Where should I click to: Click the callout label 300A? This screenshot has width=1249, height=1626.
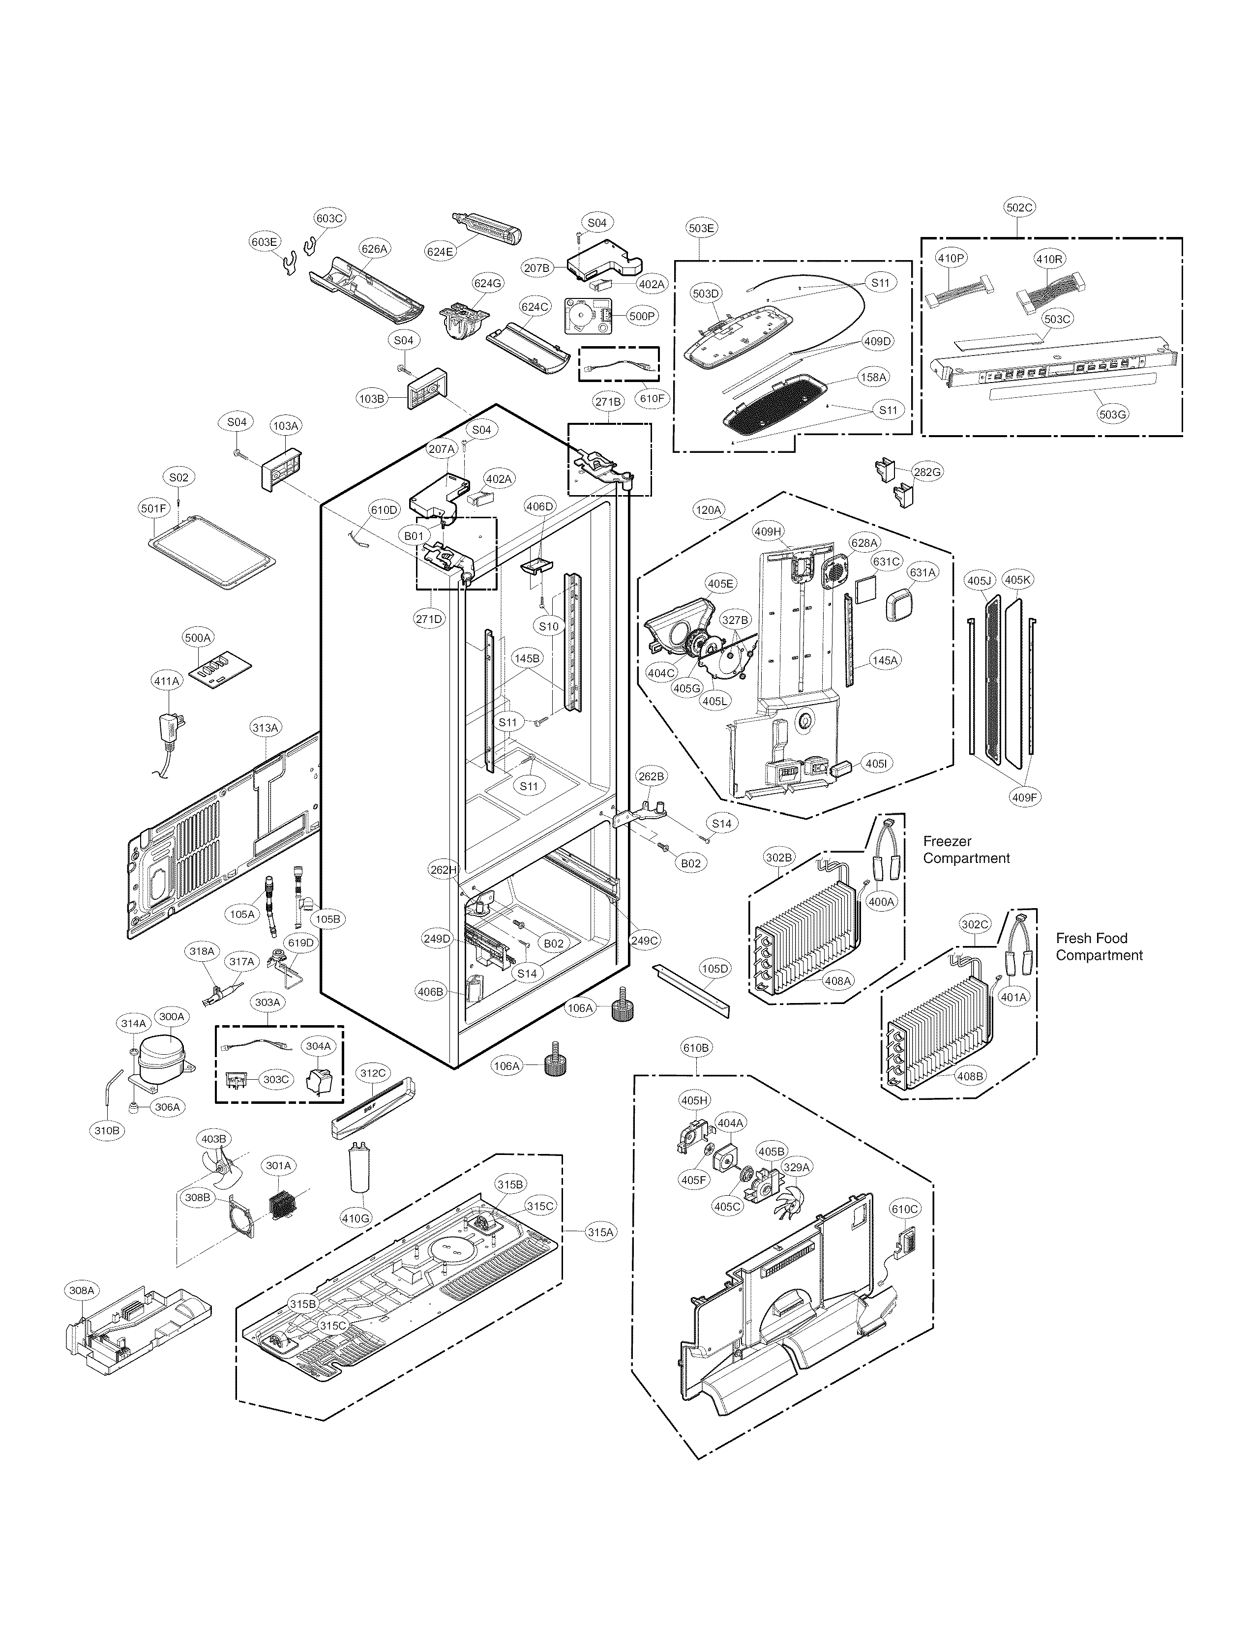click(171, 1016)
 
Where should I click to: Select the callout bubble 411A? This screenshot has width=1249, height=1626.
click(167, 680)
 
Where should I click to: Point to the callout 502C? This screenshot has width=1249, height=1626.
click(1019, 207)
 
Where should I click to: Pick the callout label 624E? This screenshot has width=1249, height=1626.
click(440, 251)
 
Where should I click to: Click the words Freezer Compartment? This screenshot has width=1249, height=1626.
click(966, 850)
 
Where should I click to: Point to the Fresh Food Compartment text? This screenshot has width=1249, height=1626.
click(1099, 946)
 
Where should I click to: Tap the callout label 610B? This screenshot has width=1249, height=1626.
click(696, 1048)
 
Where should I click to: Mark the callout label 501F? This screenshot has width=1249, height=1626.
click(154, 508)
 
